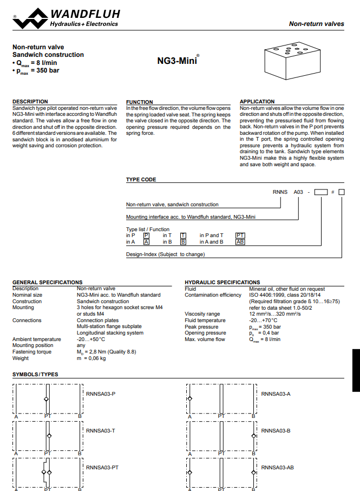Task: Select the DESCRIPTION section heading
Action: point(30,101)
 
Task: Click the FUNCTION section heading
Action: point(140,102)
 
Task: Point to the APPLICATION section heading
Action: point(257,101)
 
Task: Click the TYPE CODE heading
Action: point(141,180)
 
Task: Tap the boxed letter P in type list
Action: point(146,235)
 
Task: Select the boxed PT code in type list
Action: point(240,235)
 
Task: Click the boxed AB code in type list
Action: point(240,242)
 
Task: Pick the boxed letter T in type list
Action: point(183,235)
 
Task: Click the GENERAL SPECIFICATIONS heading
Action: point(48,282)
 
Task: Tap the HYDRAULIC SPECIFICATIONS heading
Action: point(222,282)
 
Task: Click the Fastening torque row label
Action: point(32,352)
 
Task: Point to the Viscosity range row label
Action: point(202,314)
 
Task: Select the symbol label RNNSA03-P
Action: point(101,394)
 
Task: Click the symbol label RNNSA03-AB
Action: point(277,467)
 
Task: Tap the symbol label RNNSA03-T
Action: point(100,430)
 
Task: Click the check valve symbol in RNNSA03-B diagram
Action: point(254,435)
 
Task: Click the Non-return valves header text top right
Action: point(316,24)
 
